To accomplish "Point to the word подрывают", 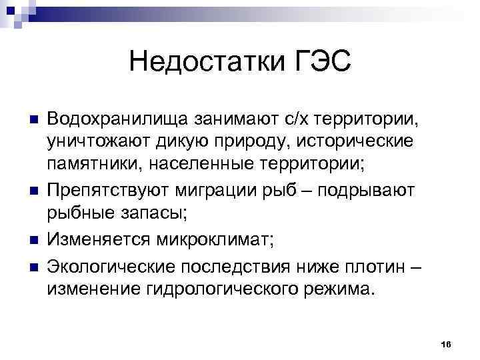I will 367,191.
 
